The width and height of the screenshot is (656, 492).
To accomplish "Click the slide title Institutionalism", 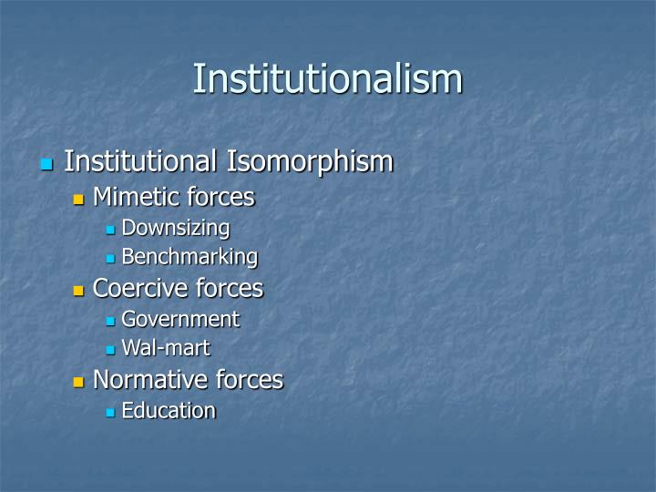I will point(327,78).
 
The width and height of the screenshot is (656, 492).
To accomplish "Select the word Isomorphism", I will point(310,162).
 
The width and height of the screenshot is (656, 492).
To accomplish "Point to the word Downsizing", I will point(176,228).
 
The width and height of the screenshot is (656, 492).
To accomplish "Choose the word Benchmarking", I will point(190,258).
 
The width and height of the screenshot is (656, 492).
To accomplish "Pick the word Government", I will point(180,320).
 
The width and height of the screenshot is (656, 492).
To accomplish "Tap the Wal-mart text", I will point(166,348).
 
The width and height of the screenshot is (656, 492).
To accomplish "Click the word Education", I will point(169,411).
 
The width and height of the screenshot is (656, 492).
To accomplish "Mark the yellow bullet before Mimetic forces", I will point(78,199).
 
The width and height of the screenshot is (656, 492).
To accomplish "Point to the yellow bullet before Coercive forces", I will point(78,291).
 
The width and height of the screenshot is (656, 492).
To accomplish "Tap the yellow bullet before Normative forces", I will point(78,381).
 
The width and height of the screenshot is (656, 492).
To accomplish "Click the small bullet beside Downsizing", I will point(110,230).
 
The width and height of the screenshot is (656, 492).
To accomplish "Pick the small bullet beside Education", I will point(110,413).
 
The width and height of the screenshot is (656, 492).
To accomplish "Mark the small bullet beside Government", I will point(110,321).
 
